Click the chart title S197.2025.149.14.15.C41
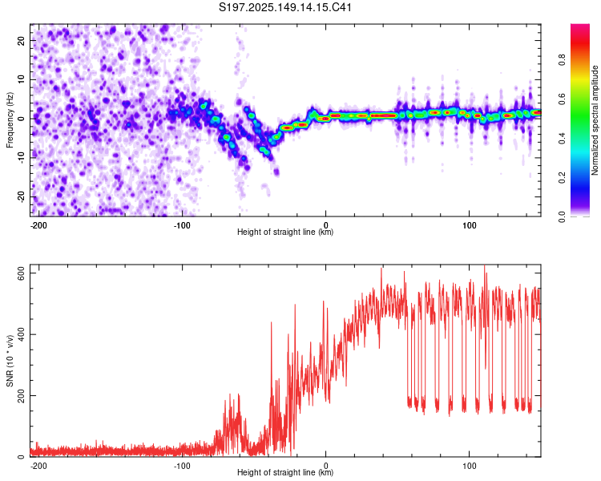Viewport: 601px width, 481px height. pyautogui.click(x=285, y=7)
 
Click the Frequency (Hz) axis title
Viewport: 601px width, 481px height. pyautogui.click(x=10, y=120)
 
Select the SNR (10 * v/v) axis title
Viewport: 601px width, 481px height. pyautogui.click(x=10, y=361)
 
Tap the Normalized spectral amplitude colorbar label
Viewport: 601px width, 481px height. pyautogui.click(x=595, y=120)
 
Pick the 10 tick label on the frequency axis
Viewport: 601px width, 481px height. pyautogui.click(x=21, y=79)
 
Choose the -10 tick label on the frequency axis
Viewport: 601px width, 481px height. pyautogui.click(x=21, y=158)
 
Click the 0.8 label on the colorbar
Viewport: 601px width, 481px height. pyautogui.click(x=562, y=60)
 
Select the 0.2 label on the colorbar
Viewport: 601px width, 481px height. pyautogui.click(x=562, y=178)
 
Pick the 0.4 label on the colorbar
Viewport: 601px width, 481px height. pyautogui.click(x=562, y=139)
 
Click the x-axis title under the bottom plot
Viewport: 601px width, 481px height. pyautogui.click(x=285, y=472)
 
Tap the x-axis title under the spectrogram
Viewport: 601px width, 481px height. pyautogui.click(x=285, y=232)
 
